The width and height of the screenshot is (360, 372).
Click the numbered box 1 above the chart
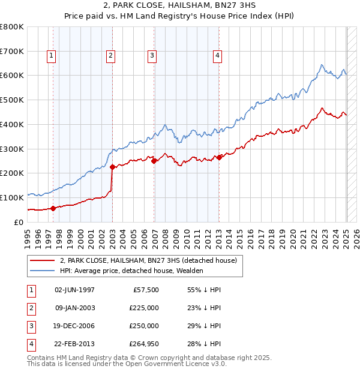(51, 56)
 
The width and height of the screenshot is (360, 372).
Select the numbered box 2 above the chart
(111, 56)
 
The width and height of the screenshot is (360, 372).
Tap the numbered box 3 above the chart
(152, 56)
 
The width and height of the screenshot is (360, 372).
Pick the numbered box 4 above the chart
(217, 56)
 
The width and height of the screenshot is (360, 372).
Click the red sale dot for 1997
(53, 208)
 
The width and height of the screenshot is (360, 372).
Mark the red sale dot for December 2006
(154, 161)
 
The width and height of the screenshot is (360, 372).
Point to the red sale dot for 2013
(220, 157)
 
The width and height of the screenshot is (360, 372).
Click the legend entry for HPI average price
(131, 271)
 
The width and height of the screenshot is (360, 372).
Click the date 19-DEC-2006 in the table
(74, 326)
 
